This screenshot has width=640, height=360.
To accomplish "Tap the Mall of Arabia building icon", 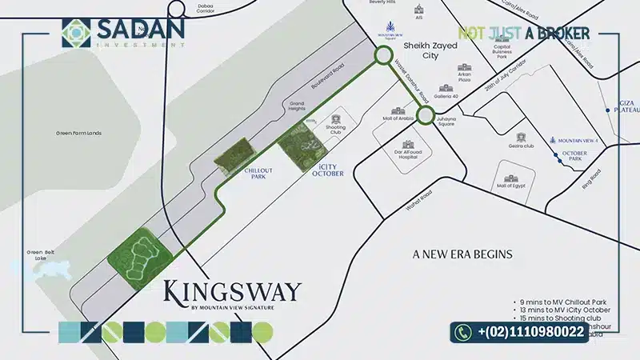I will click(398, 112).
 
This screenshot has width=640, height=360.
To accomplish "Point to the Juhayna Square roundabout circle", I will click(425, 117).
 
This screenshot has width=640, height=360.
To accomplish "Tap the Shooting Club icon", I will click(335, 119).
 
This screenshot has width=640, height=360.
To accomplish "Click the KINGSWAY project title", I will click(232, 290).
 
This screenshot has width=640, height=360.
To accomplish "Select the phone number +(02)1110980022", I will click(531, 331).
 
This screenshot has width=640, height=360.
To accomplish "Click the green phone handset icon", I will click(464, 331).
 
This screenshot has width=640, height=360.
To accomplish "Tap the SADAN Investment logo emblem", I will click(78, 33).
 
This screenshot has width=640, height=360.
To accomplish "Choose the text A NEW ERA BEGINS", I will click(462, 254).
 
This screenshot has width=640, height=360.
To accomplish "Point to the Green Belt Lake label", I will click(38, 256).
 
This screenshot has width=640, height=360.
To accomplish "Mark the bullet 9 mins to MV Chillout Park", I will click(562, 302).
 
